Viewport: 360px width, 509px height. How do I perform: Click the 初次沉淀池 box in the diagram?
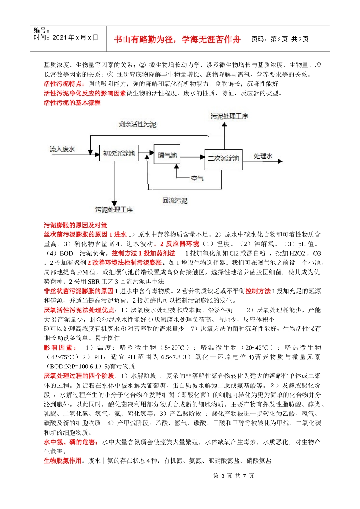[x=119, y=153]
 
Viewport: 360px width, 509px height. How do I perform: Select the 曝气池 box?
[x=167, y=155]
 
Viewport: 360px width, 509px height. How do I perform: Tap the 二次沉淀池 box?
[x=223, y=159]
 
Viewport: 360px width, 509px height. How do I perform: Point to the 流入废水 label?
[x=62, y=149]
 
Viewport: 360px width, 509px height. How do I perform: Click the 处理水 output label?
[x=263, y=156]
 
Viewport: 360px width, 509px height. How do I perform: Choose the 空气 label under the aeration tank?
[x=197, y=178]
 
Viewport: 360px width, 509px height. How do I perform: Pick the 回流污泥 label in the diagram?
[x=175, y=200]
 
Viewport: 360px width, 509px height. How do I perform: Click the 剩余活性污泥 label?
[x=137, y=124]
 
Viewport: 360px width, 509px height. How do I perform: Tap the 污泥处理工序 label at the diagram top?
[x=229, y=116]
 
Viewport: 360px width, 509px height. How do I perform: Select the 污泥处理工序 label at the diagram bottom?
[x=114, y=209]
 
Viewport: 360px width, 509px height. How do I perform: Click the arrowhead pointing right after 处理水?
[x=280, y=161]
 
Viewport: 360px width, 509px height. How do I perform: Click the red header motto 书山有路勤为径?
[x=177, y=39]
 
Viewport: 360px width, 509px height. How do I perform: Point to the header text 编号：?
[x=41, y=30]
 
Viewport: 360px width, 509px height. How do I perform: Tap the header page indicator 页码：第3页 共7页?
[x=280, y=39]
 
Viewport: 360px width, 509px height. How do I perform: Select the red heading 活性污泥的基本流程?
[x=72, y=103]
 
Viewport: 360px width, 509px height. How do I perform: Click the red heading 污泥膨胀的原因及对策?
[x=75, y=225]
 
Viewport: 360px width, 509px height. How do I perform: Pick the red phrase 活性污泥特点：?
[x=64, y=84]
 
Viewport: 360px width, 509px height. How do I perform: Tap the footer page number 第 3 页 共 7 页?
[x=233, y=476]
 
